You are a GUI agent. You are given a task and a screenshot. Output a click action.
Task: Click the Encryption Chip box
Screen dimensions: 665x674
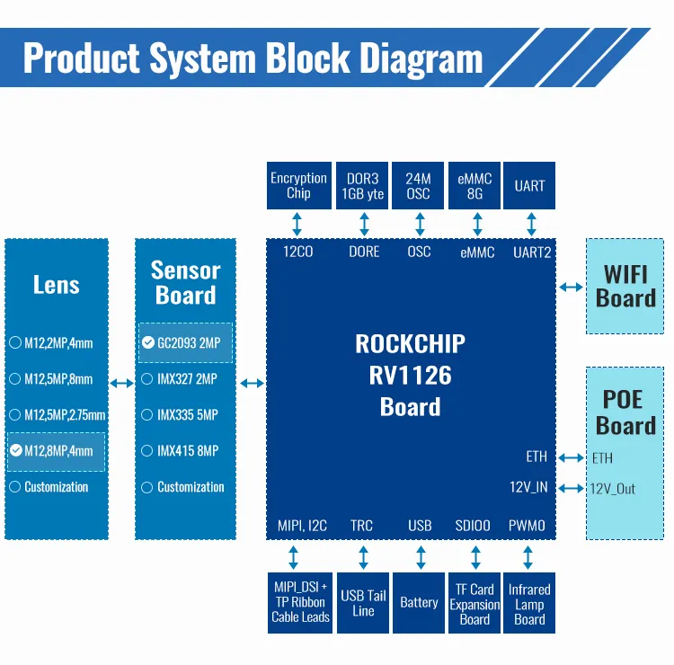point(298,186)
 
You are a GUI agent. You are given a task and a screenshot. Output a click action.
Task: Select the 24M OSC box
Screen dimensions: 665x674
point(418,186)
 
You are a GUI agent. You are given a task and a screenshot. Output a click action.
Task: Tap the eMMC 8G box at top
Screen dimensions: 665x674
point(474,186)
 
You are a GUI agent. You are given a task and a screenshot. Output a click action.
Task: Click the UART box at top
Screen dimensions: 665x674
point(529,186)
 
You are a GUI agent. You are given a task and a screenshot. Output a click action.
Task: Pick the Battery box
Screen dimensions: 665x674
point(419,603)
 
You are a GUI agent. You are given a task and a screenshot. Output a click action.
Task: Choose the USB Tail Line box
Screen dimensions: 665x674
point(363,603)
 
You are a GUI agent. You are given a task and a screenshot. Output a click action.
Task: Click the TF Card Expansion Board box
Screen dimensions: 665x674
point(474,603)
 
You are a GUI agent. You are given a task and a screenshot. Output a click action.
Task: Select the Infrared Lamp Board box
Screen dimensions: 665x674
point(529,603)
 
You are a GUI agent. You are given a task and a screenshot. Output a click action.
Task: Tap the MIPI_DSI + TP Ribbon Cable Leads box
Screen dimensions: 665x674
point(301,603)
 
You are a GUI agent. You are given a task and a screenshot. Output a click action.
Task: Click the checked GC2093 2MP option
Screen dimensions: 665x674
point(185,342)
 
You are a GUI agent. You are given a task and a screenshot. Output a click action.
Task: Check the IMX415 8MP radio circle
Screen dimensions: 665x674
point(147,451)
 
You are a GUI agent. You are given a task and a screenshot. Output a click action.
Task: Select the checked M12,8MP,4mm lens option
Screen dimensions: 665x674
point(56,451)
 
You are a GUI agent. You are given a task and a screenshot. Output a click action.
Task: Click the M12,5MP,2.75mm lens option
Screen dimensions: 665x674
point(58,415)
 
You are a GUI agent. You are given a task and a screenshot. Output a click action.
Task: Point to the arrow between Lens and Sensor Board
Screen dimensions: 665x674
point(121,384)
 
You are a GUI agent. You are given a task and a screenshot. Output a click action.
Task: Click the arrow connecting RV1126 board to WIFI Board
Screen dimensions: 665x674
point(570,287)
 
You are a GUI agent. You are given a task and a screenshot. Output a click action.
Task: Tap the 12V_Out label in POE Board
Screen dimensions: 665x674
point(613,489)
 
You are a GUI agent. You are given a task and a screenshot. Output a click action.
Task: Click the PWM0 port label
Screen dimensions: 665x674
point(527,526)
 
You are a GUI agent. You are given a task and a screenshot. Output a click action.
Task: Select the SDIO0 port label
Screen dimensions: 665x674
point(473,526)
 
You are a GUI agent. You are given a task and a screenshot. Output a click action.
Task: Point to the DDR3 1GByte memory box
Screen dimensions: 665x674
point(363,186)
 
